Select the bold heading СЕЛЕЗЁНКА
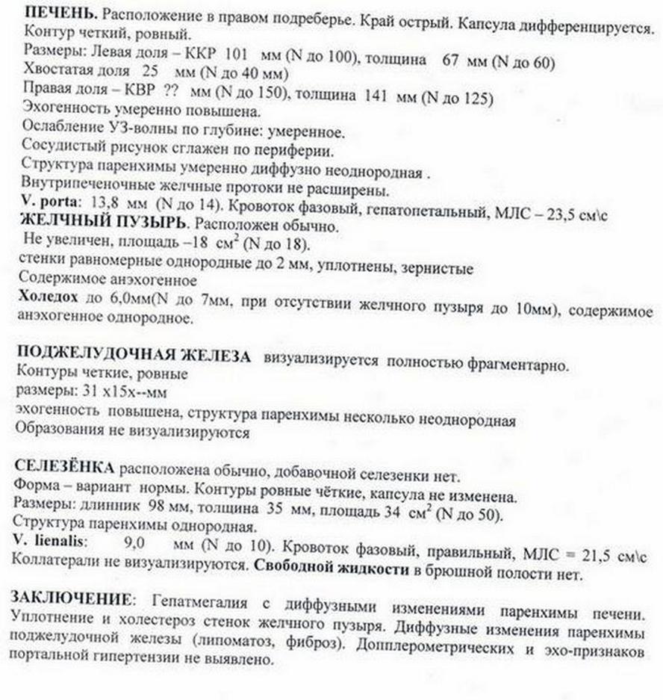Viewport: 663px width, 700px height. click(65, 468)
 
